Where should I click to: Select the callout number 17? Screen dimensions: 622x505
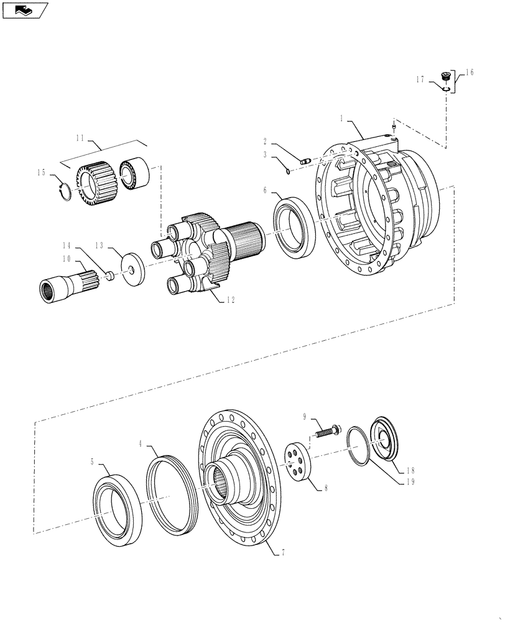(x=421, y=79)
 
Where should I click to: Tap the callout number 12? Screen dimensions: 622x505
(x=231, y=300)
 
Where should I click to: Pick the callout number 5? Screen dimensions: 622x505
(x=93, y=462)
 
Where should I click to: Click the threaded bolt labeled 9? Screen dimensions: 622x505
(x=327, y=430)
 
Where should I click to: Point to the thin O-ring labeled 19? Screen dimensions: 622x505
(x=358, y=445)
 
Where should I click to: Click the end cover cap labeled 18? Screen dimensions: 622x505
(x=386, y=440)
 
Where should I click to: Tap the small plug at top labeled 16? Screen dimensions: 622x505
(x=445, y=77)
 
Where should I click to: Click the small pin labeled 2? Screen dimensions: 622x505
(x=305, y=161)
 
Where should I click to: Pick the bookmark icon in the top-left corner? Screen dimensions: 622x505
(x=24, y=9)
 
